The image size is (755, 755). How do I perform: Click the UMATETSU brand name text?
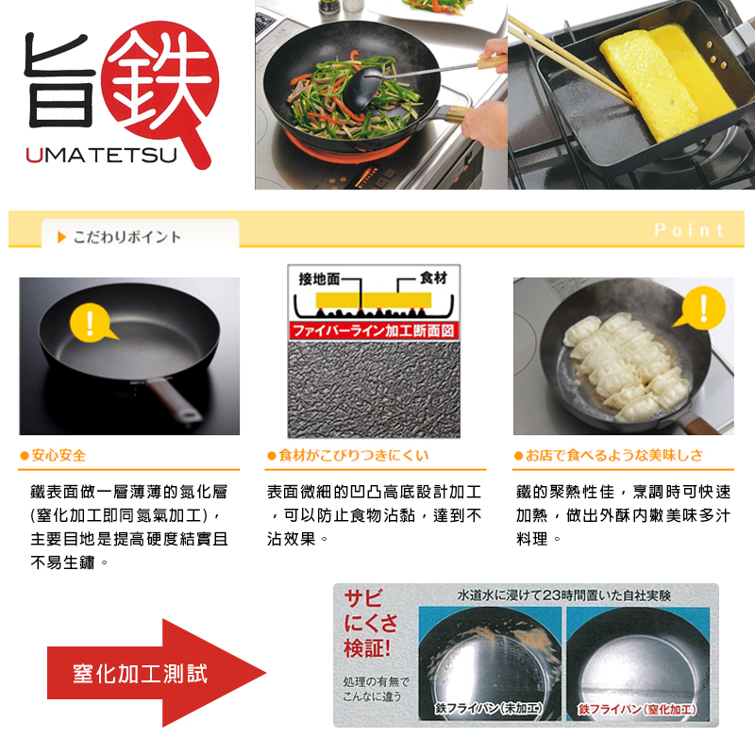pos(102,155)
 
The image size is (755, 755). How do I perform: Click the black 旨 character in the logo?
pos(59,80)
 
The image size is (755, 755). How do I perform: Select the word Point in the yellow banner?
pos(689,230)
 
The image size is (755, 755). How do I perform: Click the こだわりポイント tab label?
pos(127,237)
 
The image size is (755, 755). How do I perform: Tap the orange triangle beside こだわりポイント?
pos(61,237)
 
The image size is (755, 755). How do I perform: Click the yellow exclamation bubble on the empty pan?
pos(92,323)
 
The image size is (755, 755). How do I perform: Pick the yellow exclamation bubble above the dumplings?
pos(701,309)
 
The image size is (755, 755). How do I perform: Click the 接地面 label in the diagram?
pos(319,278)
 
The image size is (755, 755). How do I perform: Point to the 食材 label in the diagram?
pos(433,277)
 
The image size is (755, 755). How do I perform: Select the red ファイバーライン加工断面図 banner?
pos(374,331)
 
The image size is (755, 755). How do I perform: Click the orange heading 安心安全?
pos(59,455)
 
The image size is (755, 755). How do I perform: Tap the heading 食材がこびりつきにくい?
pos(353,455)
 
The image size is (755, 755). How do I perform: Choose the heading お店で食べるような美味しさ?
pos(614,455)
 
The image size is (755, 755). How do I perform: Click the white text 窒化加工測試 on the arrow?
pos(140,673)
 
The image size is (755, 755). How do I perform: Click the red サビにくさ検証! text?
pos(370,623)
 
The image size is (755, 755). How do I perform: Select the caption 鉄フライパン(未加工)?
pos(489,708)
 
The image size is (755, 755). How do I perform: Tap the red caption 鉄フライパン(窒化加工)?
pos(637,709)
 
